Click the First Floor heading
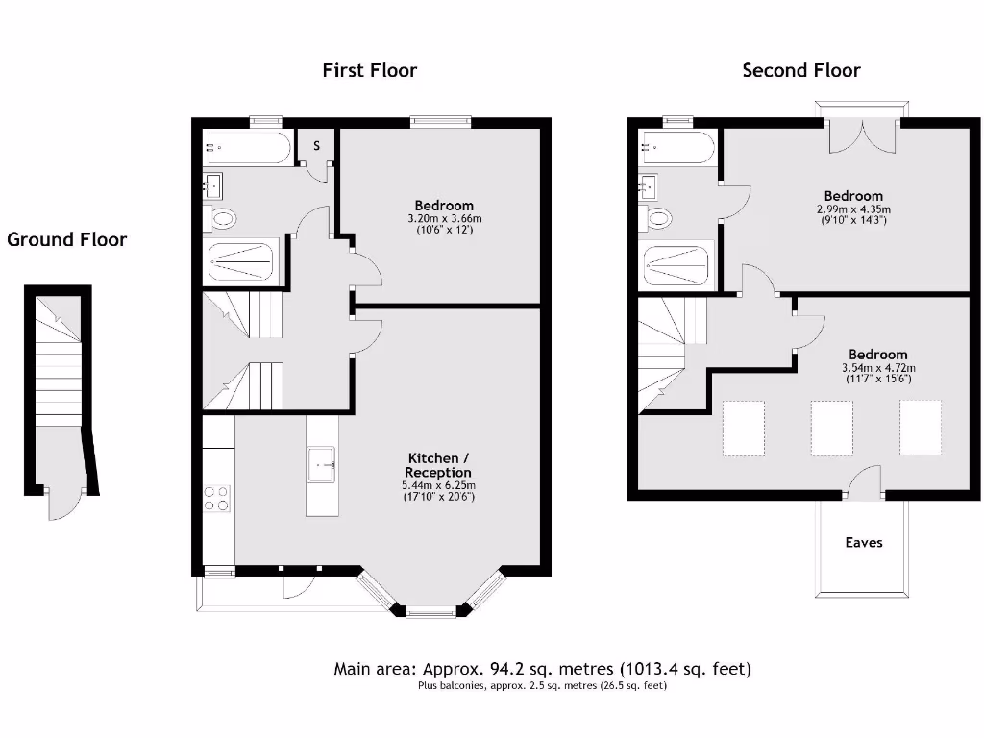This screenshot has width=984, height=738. [x=369, y=70]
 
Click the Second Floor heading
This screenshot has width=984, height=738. [x=800, y=70]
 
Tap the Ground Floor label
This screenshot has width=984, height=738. [x=66, y=239]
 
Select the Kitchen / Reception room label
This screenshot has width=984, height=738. [x=438, y=465]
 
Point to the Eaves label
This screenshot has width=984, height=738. [x=863, y=543]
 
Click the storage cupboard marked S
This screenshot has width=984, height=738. [x=316, y=146]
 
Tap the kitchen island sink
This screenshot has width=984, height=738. [x=322, y=465]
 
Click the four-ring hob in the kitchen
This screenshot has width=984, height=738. [x=217, y=497]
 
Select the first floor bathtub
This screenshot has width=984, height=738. [x=246, y=148]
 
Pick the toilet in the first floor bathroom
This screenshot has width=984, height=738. [x=221, y=219]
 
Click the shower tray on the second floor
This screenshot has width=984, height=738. [x=676, y=264]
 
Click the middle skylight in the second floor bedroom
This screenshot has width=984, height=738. [x=831, y=428]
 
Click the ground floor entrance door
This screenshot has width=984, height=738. [x=64, y=504]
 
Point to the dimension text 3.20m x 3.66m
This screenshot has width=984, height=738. [x=444, y=218]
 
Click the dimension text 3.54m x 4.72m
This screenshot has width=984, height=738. [x=878, y=368]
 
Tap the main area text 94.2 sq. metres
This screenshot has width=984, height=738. [x=542, y=669]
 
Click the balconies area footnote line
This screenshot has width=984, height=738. [x=542, y=686]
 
